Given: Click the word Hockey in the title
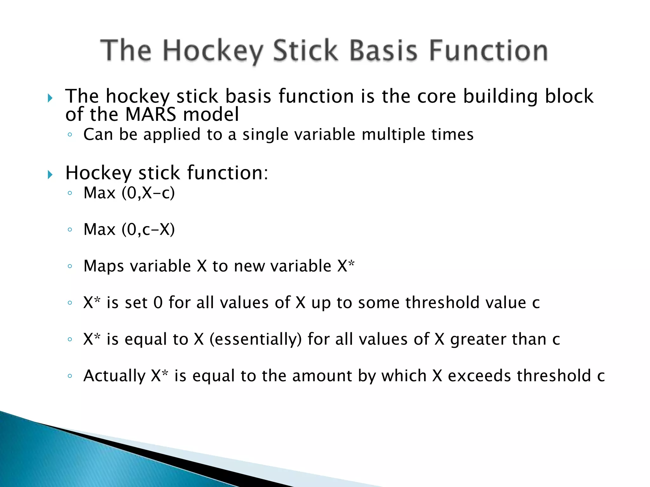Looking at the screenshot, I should pyautogui.click(x=213, y=51).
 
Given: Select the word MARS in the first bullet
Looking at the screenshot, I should pyautogui.click(x=150, y=114).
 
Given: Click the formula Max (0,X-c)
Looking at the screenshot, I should pyautogui.click(x=129, y=193).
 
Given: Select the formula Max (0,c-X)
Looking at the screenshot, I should pyautogui.click(x=129, y=229).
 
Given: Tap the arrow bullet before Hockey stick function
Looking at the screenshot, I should pyautogui.click(x=50, y=174).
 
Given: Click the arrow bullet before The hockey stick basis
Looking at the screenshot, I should pyautogui.click(x=50, y=98).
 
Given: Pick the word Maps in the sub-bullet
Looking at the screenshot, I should pyautogui.click(x=103, y=266).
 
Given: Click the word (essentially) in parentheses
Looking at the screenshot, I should pyautogui.click(x=256, y=339).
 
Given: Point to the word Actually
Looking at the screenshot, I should pyautogui.click(x=114, y=376).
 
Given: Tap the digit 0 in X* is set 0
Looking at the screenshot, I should pyautogui.click(x=158, y=303).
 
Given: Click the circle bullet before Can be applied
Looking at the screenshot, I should pyautogui.click(x=70, y=135).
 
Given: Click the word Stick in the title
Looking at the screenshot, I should pyautogui.click(x=305, y=51).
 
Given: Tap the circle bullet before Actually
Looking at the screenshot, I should pyautogui.click(x=70, y=376).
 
